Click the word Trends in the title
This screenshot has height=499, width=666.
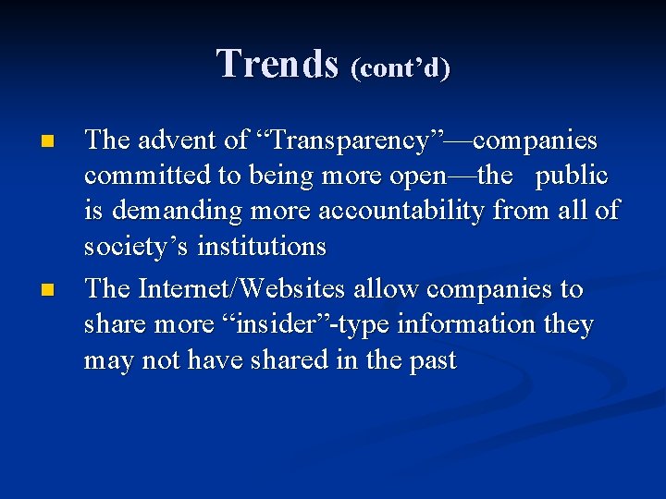pos(277,65)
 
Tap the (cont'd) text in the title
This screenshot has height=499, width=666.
pos(401,68)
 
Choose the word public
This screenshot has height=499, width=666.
pos(572,176)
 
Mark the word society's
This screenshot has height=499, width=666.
pos(130,248)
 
